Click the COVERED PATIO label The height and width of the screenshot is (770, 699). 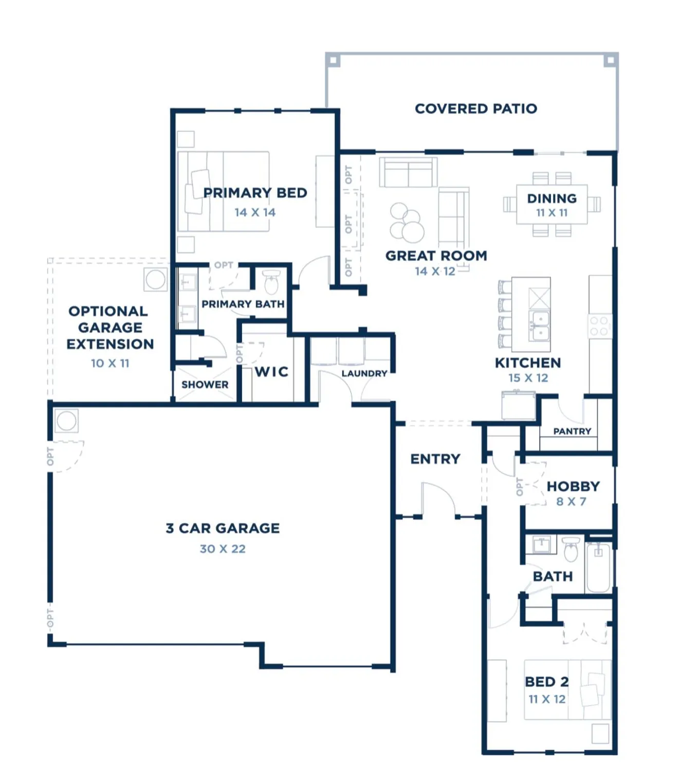click(476, 109)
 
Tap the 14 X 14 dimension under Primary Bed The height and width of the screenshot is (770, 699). click(255, 212)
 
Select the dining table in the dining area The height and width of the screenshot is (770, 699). click(551, 204)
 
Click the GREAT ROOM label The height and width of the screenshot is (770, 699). click(436, 256)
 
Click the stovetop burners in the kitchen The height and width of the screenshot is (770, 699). click(599, 326)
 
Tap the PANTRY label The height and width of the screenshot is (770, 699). click(572, 431)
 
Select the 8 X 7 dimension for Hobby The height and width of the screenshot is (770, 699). click(571, 502)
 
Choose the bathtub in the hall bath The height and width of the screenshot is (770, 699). click(598, 567)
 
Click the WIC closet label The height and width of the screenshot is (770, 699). click(271, 372)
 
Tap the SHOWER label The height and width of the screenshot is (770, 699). click(205, 384)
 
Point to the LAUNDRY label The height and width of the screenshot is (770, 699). click(364, 373)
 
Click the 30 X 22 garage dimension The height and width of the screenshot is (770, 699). click(223, 549)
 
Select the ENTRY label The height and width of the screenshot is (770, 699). click(435, 459)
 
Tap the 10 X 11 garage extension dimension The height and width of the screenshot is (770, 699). click(110, 363)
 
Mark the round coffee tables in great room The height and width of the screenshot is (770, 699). click(407, 223)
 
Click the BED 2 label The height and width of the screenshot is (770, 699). click(546, 682)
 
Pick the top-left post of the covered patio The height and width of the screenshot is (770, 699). click(333, 61)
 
